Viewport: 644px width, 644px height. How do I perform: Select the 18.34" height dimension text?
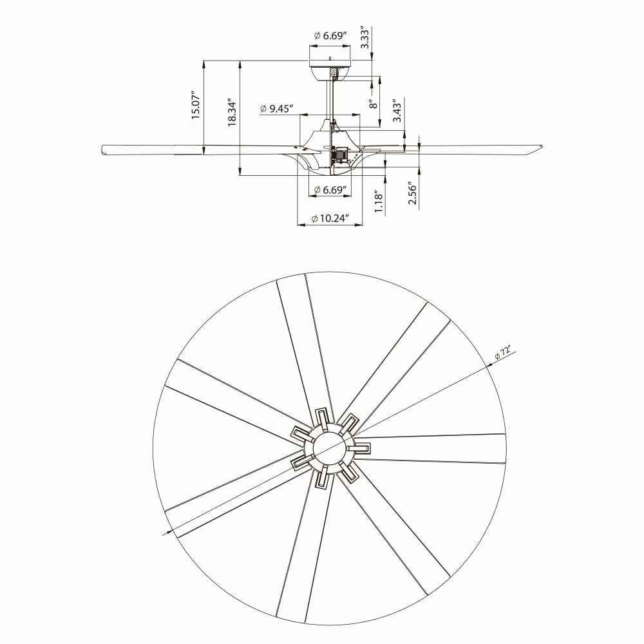(x=232, y=112)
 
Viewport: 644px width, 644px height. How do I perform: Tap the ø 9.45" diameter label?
(x=276, y=108)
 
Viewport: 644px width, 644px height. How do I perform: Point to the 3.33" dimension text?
(x=365, y=38)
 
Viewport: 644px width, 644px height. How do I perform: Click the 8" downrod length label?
(x=374, y=104)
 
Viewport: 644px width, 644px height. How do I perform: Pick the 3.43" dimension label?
(x=397, y=111)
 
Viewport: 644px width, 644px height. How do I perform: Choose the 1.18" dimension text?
(x=379, y=202)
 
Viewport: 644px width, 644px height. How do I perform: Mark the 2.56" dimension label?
(x=412, y=193)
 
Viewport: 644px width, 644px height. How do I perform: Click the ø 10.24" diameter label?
(x=330, y=218)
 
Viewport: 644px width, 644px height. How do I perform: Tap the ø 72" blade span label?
(x=503, y=353)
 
